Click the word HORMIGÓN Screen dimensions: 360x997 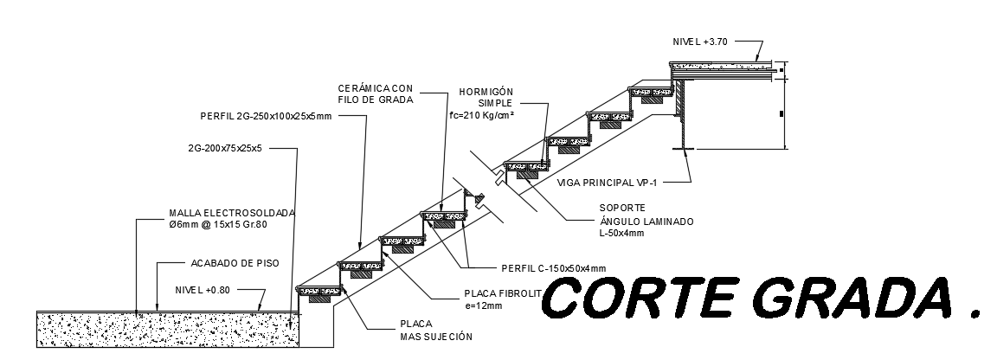[487, 91]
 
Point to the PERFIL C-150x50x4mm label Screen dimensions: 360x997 [554, 267]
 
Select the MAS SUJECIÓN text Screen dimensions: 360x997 [435, 336]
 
